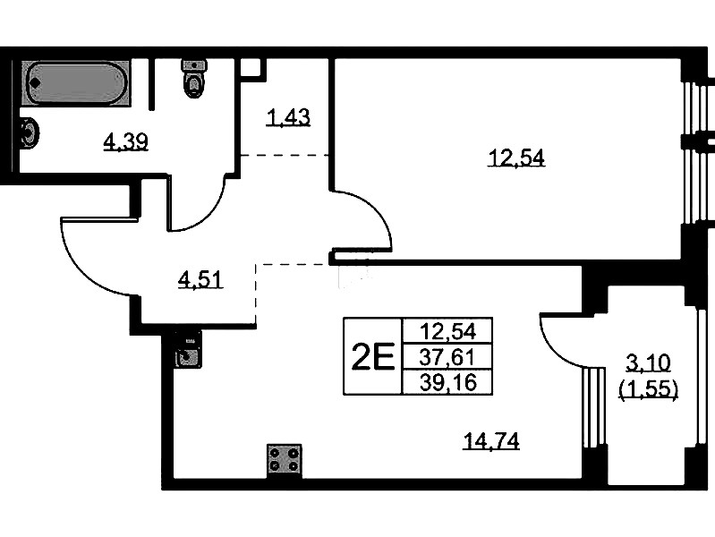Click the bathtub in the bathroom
[x=76, y=83]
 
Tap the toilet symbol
[x=194, y=78]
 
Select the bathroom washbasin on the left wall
[x=30, y=132]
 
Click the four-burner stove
[x=285, y=460]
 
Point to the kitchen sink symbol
[x=187, y=350]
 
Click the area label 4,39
[x=126, y=142]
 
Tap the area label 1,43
[x=288, y=117]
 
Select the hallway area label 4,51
[x=200, y=279]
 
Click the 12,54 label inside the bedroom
[x=516, y=158]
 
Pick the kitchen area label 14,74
[x=491, y=440]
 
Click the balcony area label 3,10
[x=648, y=363]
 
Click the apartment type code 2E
[x=373, y=357]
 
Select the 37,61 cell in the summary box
[x=447, y=357]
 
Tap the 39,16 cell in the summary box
[x=447, y=382]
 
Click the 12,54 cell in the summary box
[x=447, y=331]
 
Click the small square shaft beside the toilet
[x=252, y=69]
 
